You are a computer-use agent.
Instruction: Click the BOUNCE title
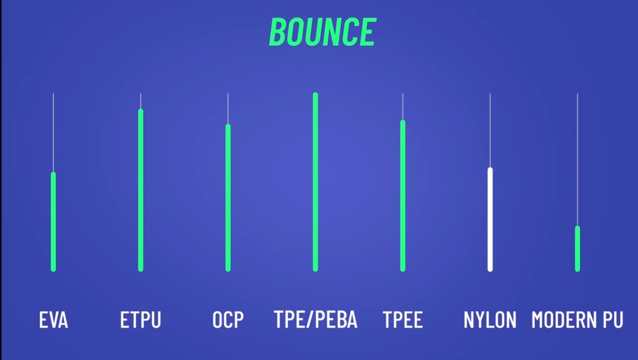(x=323, y=31)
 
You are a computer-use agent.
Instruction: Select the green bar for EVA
(x=53, y=222)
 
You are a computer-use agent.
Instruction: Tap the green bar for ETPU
(x=141, y=190)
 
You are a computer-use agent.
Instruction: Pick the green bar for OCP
(x=228, y=198)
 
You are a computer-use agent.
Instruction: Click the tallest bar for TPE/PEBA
(x=315, y=182)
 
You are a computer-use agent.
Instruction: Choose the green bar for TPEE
(x=403, y=196)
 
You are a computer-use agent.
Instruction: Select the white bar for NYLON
(x=490, y=219)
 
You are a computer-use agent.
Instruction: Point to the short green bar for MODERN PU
(x=578, y=249)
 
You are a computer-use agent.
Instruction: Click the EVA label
(x=54, y=320)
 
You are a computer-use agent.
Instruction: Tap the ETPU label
(x=141, y=320)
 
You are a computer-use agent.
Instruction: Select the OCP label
(x=228, y=320)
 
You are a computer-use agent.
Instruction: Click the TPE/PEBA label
(x=316, y=319)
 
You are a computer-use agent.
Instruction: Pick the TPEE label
(x=403, y=320)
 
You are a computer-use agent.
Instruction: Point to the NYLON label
(x=490, y=320)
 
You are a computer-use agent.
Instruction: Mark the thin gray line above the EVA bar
(x=53, y=133)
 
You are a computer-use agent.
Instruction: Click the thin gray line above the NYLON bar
(x=490, y=130)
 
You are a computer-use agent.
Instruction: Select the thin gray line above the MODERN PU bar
(x=578, y=159)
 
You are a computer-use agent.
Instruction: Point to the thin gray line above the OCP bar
(x=228, y=109)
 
